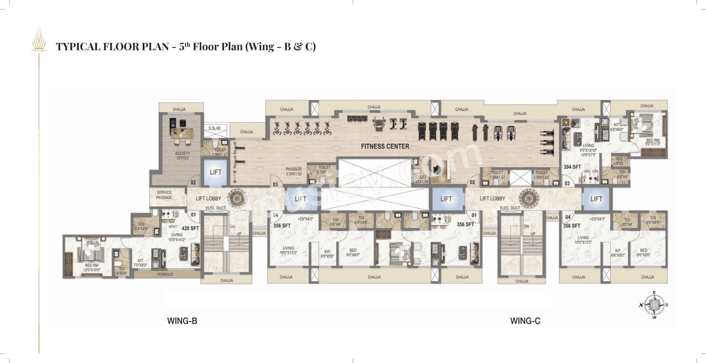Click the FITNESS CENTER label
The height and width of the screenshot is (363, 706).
coord(385,146)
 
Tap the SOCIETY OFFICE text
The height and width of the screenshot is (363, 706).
coord(183,156)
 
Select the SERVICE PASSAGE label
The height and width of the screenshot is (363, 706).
coord(164,194)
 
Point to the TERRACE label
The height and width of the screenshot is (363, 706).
coord(165,275)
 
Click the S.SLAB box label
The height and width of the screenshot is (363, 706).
coord(214,128)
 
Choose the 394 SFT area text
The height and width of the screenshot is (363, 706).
coord(572,167)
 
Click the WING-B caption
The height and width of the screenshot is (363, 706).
coord(182,320)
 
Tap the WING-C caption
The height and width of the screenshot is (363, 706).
coord(525,320)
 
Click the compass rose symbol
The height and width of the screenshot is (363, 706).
coord(654,304)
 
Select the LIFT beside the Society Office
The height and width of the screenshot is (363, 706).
coord(216,172)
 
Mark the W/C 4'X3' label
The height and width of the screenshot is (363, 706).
coord(620,161)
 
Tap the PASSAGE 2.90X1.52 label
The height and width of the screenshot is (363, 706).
coord(295,171)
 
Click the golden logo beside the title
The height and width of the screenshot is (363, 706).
coord(39,41)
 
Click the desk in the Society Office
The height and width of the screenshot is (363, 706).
coord(183,133)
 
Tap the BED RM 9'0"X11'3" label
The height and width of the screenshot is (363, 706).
coord(652,143)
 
